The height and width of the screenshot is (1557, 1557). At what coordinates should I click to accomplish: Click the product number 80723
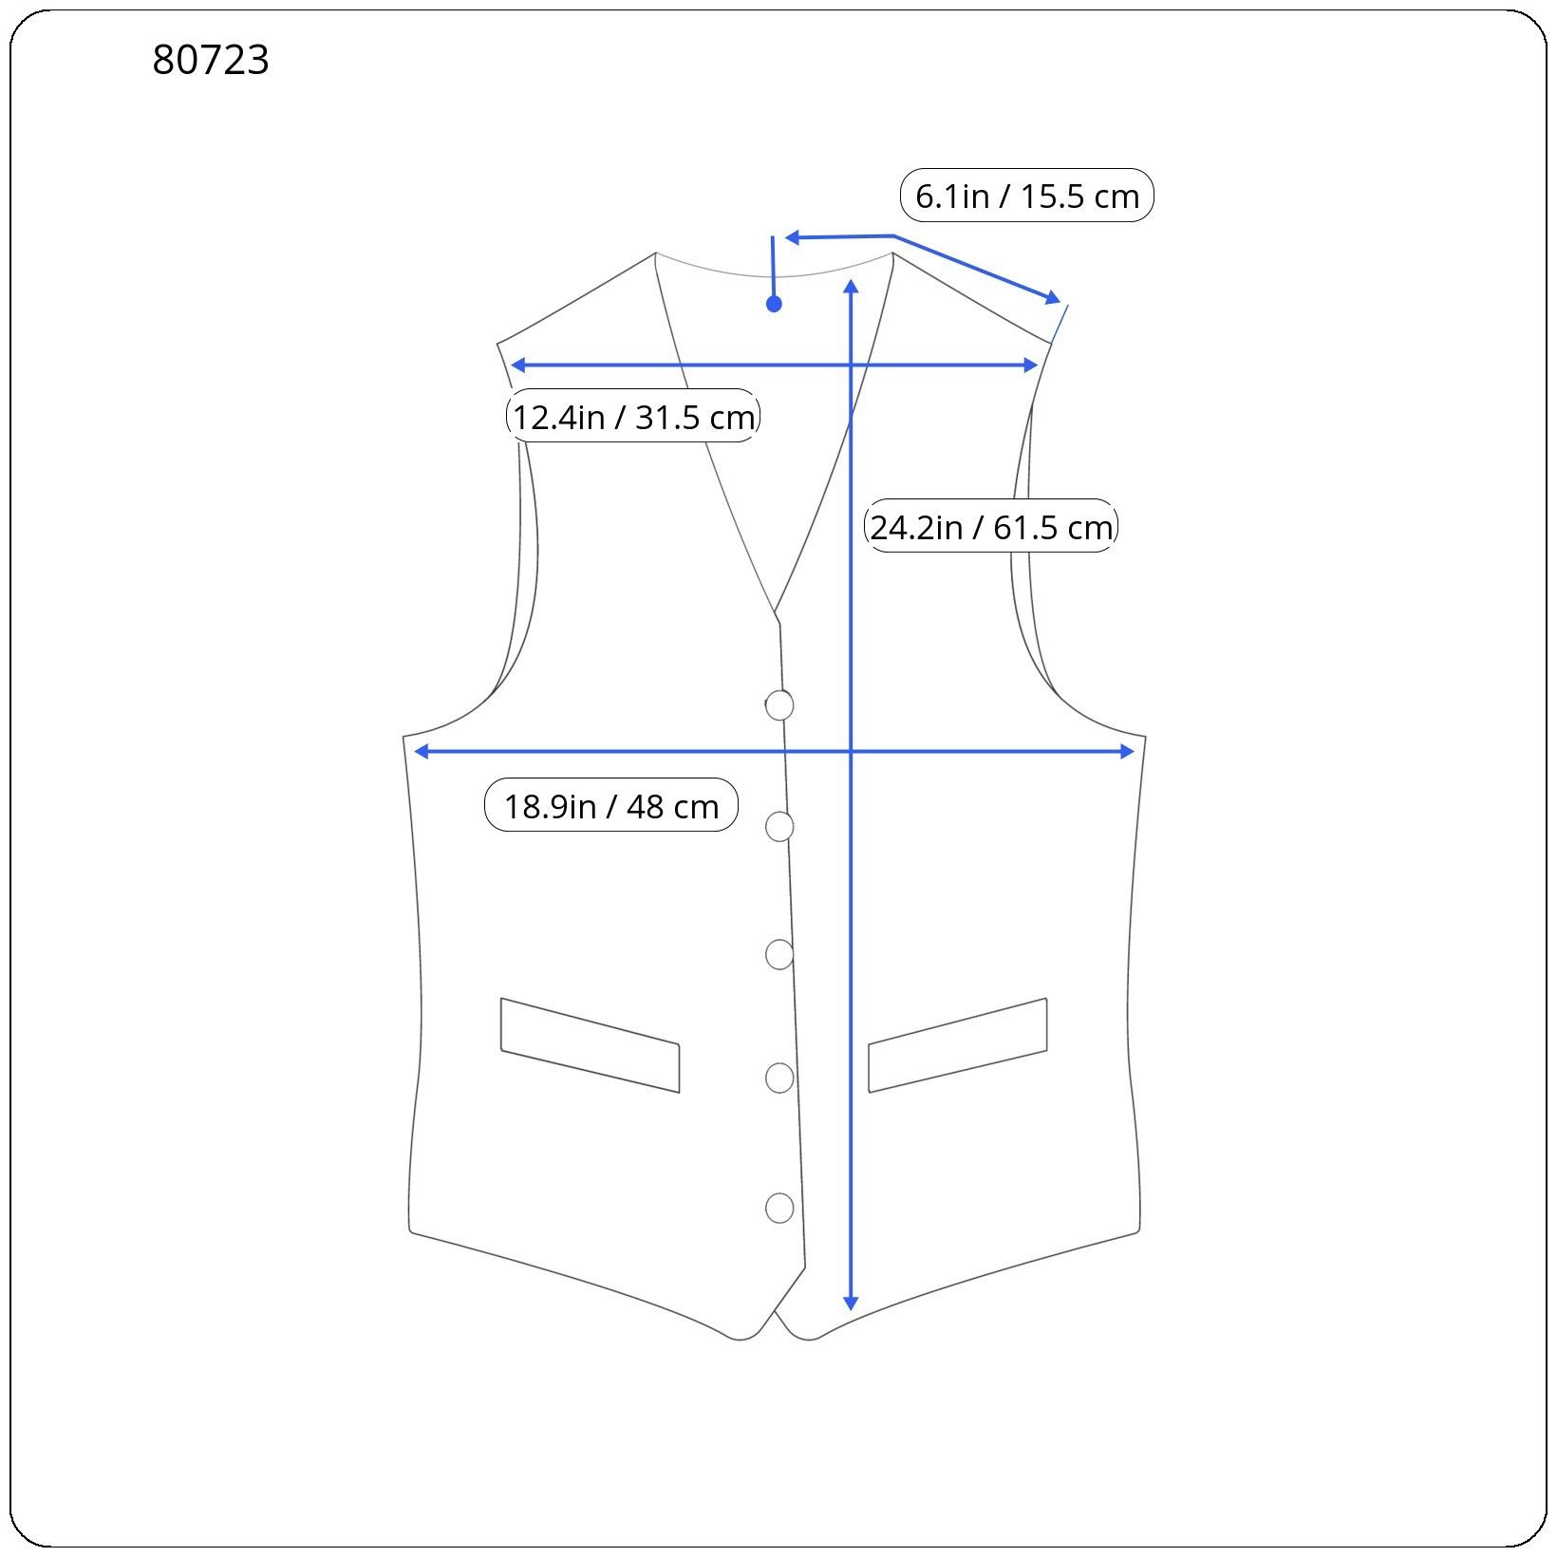pos(211,60)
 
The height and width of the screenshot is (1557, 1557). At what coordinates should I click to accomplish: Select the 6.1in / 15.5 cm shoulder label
pos(1026,196)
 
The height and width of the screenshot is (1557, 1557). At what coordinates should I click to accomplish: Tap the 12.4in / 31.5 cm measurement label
pos(633,416)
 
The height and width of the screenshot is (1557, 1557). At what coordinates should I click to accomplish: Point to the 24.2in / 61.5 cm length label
pos(991,526)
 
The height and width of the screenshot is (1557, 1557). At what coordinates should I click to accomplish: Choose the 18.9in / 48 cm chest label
pos(611,805)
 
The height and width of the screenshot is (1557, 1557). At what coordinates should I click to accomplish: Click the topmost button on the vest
pos(779,705)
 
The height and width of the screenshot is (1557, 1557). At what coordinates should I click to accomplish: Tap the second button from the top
pos(779,827)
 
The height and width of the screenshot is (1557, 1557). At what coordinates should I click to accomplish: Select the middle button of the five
pos(779,954)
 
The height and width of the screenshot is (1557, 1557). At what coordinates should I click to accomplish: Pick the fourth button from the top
pos(779,1078)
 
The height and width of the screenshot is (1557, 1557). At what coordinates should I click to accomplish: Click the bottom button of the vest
pos(779,1208)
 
